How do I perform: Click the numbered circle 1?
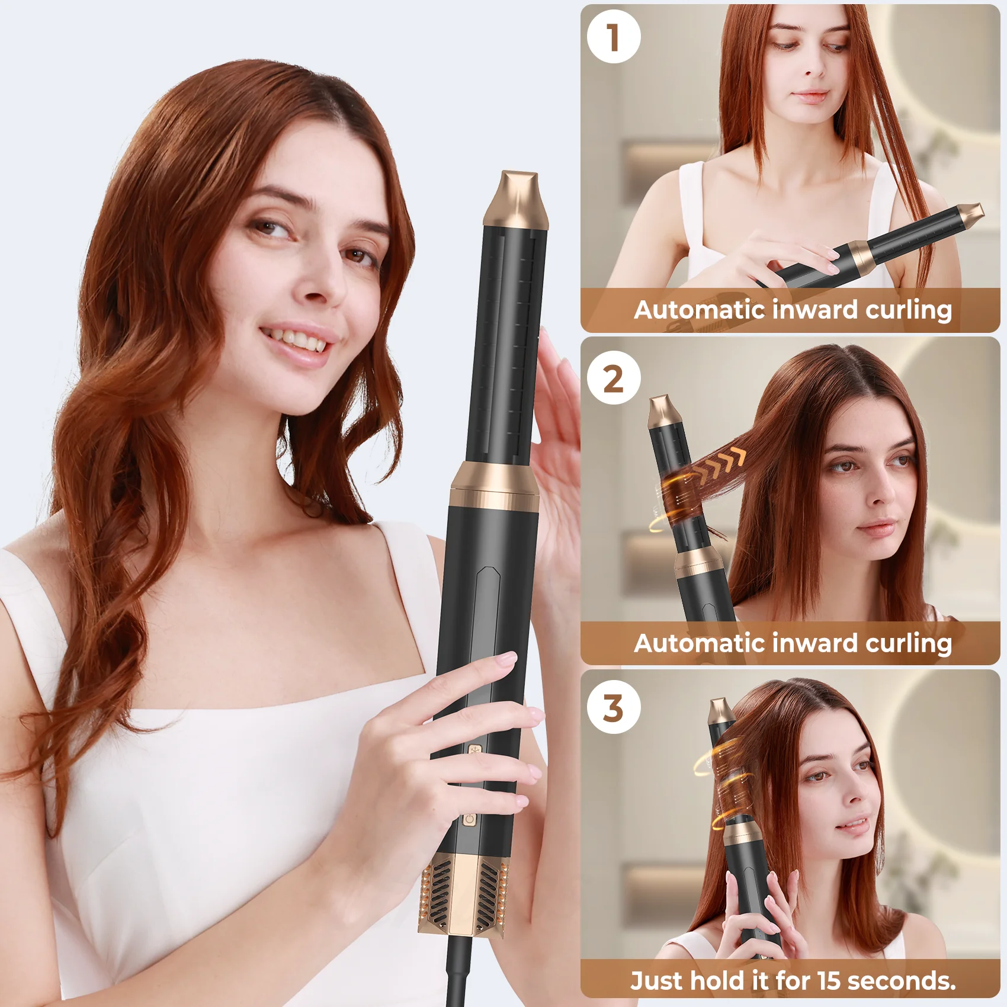[614, 37]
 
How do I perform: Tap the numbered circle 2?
[614, 378]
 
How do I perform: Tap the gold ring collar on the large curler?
[495, 487]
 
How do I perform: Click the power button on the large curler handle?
[469, 819]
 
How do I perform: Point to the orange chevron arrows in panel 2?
[720, 464]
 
